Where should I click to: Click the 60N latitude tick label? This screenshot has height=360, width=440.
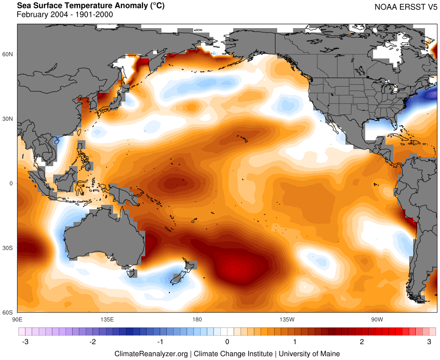(x=8, y=54)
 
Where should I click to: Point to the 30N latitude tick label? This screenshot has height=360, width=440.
(x=8, y=119)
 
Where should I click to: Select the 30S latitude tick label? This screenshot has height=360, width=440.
(x=8, y=248)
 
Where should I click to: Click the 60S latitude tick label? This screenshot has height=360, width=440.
(x=8, y=313)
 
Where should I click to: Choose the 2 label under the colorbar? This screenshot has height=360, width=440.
(x=362, y=342)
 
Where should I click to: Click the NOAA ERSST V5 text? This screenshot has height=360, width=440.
(x=405, y=7)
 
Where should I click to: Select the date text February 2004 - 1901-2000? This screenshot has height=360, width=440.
(x=65, y=15)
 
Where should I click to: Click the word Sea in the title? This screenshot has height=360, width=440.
(x=24, y=6)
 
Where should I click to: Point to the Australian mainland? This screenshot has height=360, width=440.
(x=106, y=237)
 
